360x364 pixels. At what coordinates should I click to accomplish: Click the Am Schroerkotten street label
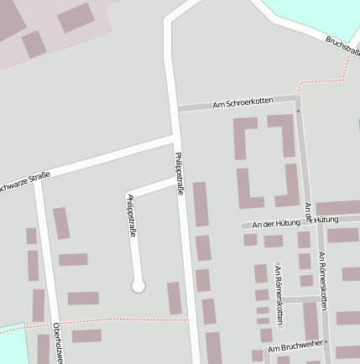tap(243, 101)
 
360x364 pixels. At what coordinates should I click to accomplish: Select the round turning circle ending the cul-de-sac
tap(138, 287)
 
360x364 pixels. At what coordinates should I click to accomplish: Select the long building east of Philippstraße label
tap(201, 204)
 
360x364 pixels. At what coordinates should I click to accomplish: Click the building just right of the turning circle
tap(175, 298)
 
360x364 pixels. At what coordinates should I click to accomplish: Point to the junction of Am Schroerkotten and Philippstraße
tap(175, 109)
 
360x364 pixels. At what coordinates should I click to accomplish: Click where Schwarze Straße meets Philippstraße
tap(174, 138)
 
